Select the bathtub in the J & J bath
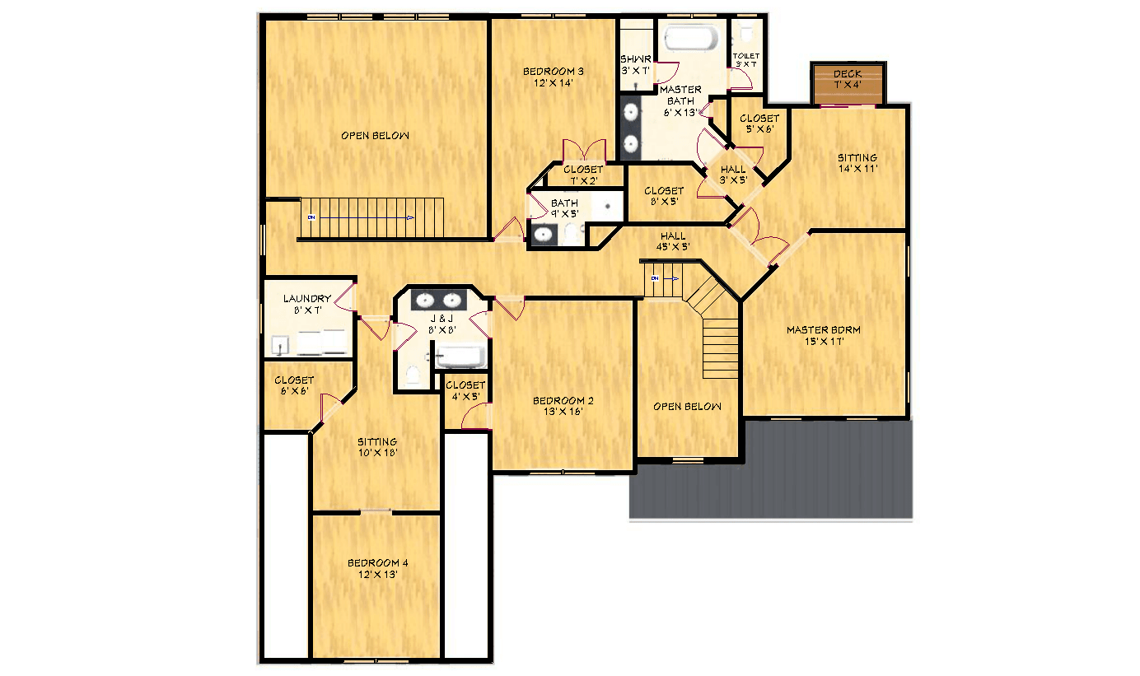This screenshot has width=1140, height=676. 459,357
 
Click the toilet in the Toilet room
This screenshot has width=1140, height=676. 747,33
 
